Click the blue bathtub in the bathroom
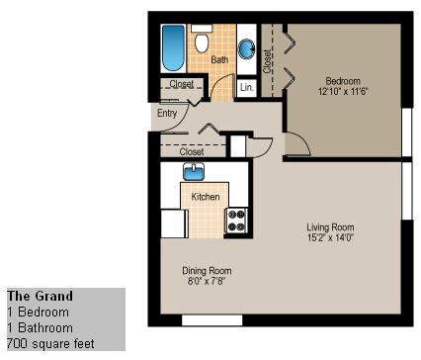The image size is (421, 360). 173,48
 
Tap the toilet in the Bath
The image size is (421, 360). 202,39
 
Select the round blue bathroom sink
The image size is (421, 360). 246,49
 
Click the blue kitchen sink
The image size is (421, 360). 194,172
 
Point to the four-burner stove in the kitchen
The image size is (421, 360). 237,221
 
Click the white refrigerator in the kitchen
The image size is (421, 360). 174,224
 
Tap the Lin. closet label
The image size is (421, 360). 247,87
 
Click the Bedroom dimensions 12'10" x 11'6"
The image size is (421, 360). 343,91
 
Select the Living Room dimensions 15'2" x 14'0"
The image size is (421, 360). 330,237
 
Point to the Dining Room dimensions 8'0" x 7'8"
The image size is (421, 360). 207,281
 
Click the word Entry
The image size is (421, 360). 167,113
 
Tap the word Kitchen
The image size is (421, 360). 206,197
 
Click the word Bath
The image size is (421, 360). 219,59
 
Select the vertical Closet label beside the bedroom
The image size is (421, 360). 267,61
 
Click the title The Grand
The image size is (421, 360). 40,296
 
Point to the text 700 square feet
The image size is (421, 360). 50,344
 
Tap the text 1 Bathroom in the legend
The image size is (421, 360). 40,327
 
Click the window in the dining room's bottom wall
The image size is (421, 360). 212,320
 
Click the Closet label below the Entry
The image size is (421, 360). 192,151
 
